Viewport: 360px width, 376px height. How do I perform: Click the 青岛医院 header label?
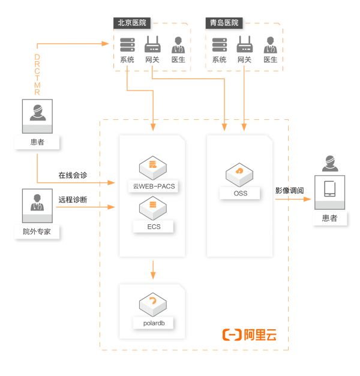[x=224, y=23]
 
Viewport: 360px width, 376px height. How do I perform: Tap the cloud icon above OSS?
[x=239, y=173]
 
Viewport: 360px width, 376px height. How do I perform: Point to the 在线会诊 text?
[x=73, y=176]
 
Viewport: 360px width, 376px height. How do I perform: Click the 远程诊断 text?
[x=73, y=200]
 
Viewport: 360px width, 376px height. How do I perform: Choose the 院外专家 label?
[x=37, y=231]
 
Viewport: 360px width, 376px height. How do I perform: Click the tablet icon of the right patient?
[x=329, y=189]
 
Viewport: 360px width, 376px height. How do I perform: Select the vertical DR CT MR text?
[x=37, y=74]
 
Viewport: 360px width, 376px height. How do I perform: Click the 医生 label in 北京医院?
[x=178, y=60]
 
